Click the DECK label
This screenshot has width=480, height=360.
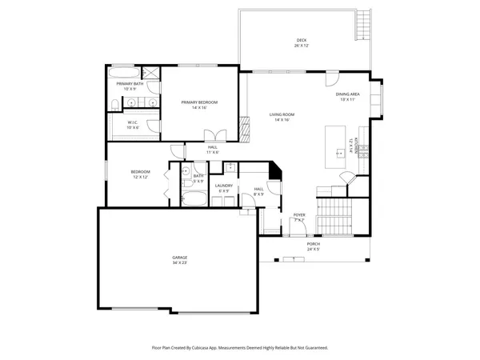pyautogui.click(x=301, y=40)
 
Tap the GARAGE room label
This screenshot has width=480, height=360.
pyautogui.click(x=179, y=257)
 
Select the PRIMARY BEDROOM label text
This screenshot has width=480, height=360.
pyautogui.click(x=199, y=102)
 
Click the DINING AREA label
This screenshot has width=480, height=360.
pyautogui.click(x=348, y=94)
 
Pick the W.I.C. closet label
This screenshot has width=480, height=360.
pyautogui.click(x=133, y=122)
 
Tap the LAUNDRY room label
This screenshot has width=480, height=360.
pyautogui.click(x=223, y=186)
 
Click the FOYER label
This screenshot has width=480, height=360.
pyautogui.click(x=299, y=214)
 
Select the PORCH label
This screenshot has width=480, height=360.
pyautogui.click(x=314, y=244)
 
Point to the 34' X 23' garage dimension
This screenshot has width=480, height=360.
pyautogui.click(x=179, y=262)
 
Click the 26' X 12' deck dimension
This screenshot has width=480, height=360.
pyautogui.click(x=301, y=46)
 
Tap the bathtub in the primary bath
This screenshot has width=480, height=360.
pyautogui.click(x=130, y=72)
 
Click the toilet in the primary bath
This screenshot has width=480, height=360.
pyautogui.click(x=117, y=105)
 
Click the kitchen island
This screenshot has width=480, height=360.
pyautogui.click(x=334, y=142)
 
